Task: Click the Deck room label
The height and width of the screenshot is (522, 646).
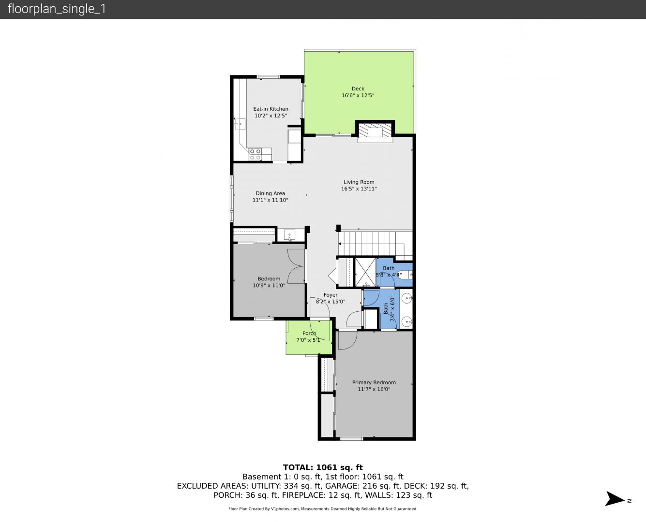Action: [x=358, y=88]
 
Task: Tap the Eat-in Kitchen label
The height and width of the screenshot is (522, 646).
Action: [x=271, y=109]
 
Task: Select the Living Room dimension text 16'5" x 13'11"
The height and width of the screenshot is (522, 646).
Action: [x=359, y=189]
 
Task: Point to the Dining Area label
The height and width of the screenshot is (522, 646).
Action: [x=270, y=193]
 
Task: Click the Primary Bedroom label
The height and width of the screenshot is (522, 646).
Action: [x=374, y=382]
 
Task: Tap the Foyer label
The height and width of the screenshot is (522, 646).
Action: [x=331, y=295]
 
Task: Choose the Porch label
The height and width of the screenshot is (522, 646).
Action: [x=309, y=333]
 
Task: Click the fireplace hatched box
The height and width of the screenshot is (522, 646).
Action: [x=375, y=130]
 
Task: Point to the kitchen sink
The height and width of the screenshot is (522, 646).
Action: [x=240, y=124]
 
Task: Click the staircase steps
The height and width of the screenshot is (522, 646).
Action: [x=376, y=243]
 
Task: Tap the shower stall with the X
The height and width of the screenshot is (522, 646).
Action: [x=365, y=272]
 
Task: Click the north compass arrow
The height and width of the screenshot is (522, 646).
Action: [x=615, y=499]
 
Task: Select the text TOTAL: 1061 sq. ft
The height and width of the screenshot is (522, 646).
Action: [x=323, y=467]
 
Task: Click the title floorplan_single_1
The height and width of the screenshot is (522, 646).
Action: [x=57, y=9]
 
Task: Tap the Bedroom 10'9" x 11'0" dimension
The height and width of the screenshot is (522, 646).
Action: [x=269, y=285]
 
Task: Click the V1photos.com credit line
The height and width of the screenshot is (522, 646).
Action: [x=323, y=508]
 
